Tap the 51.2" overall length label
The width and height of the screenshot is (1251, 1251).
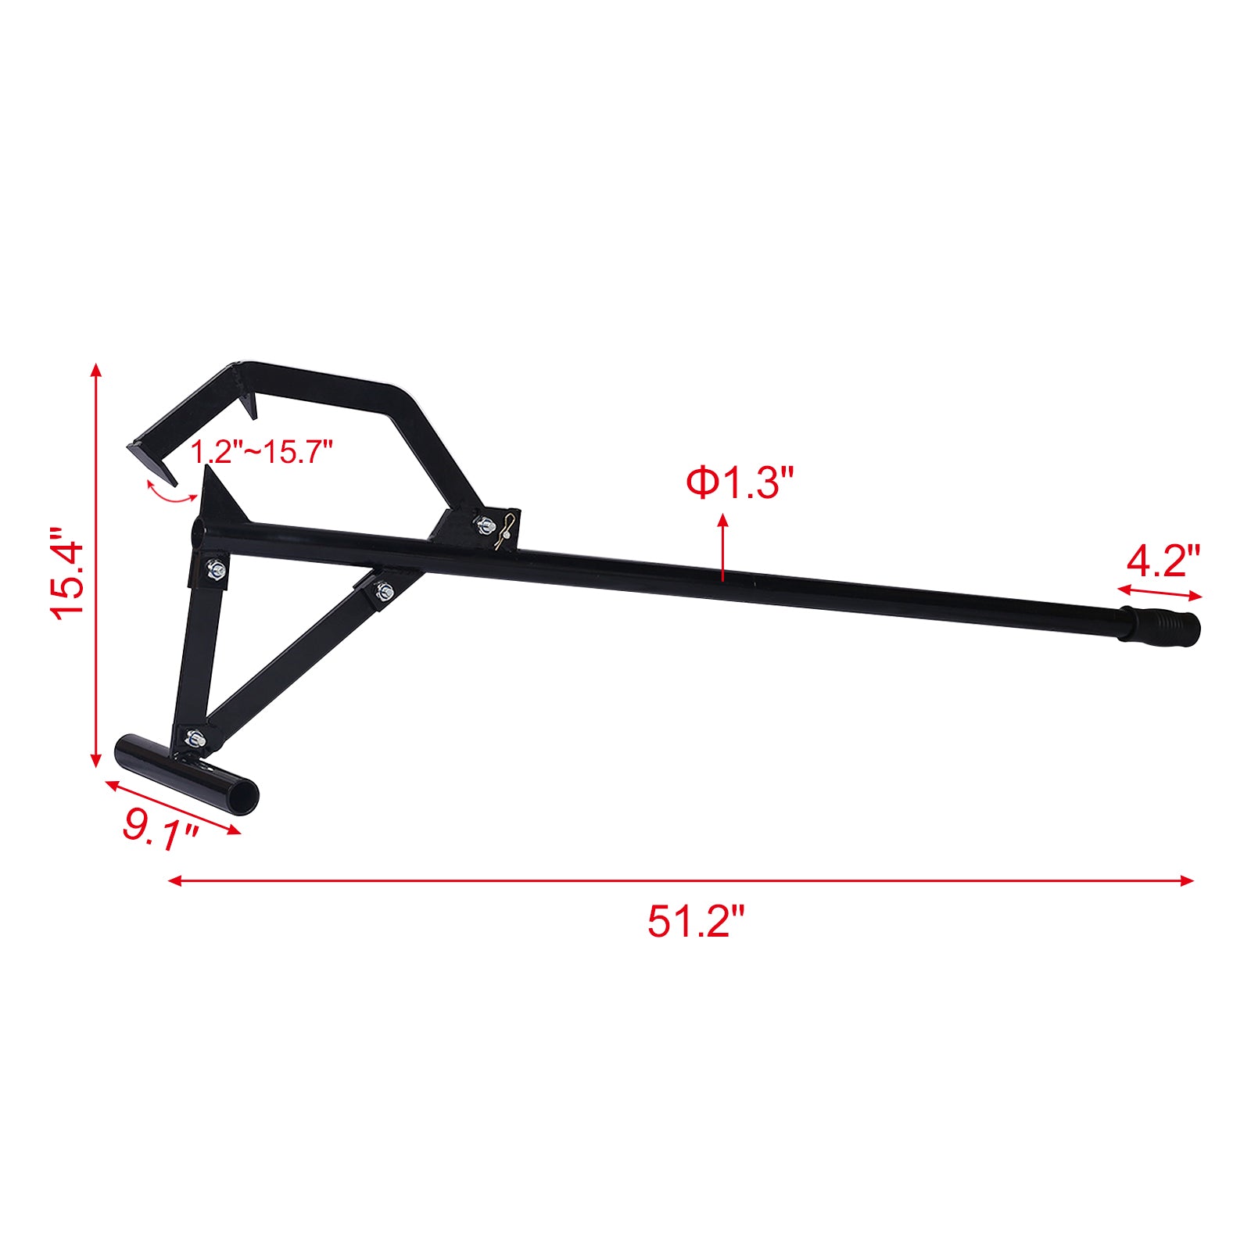pyautogui.click(x=696, y=921)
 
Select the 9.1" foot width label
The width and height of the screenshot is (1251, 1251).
pyautogui.click(x=160, y=825)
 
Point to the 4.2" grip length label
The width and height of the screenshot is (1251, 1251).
pyautogui.click(x=1163, y=560)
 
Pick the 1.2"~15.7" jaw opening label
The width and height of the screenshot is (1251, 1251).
pyautogui.click(x=263, y=452)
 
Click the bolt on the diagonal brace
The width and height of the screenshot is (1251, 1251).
pyautogui.click(x=385, y=590)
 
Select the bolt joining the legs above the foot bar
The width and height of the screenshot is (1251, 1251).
pyautogui.click(x=194, y=737)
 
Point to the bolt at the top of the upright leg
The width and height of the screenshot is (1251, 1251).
pyautogui.click(x=217, y=571)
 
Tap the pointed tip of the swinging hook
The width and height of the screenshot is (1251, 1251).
pyautogui.click(x=172, y=479)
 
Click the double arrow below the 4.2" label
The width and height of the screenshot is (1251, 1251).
pyautogui.click(x=1160, y=592)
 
